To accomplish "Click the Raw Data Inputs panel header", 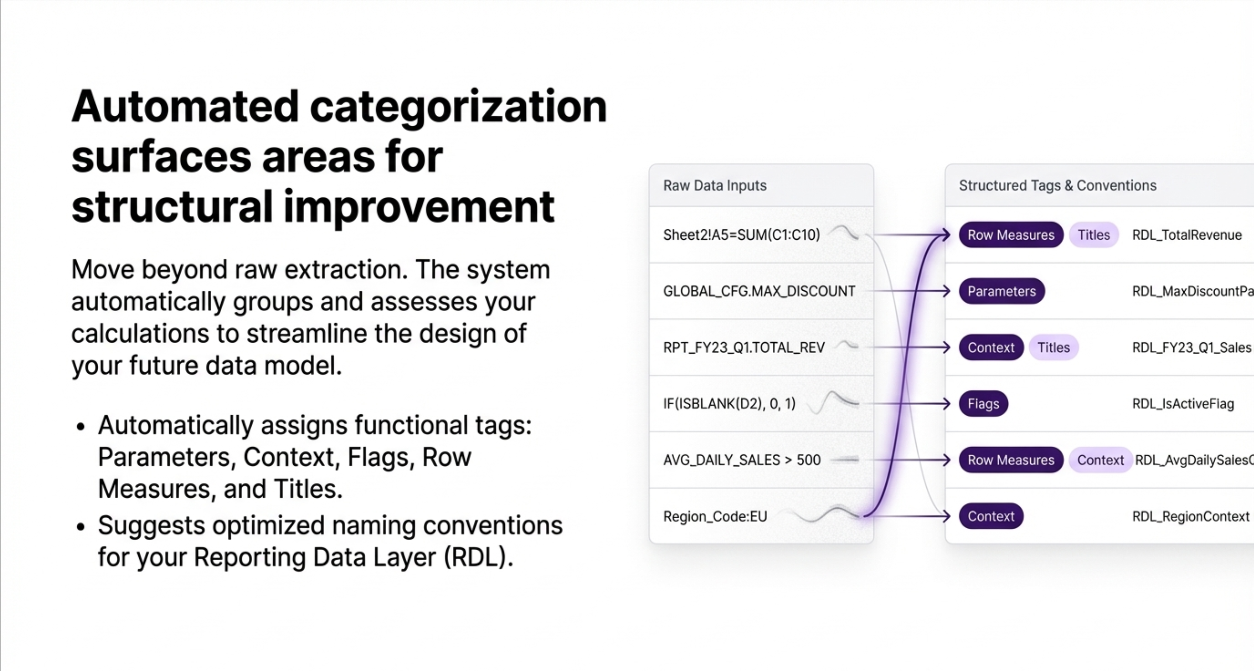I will pos(714,186).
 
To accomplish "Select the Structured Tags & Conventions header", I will pos(1057,186).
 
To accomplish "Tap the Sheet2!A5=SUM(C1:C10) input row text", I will pos(741,235).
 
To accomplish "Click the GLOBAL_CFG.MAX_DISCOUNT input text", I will pos(759,291).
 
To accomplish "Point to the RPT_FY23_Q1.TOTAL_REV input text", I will pos(744,348).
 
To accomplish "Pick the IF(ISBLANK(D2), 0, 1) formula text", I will pos(729,404).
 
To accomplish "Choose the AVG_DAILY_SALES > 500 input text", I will pos(741,460).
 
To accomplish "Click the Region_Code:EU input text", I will pos(715,516).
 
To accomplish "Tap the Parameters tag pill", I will pos(1001,291).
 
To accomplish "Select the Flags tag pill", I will pos(983,404).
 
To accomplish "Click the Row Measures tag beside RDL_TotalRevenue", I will pos(1011,235).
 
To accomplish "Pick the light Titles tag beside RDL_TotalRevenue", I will pos(1093,235).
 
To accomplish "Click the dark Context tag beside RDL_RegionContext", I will pos(990,516).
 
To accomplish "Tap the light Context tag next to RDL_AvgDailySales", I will pos(1100,460).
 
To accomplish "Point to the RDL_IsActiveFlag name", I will pos(1183,404).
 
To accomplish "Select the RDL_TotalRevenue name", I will pos(1187,235).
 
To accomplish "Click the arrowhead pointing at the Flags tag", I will pos(946,404).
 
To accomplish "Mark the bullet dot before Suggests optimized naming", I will pos(81,526).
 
